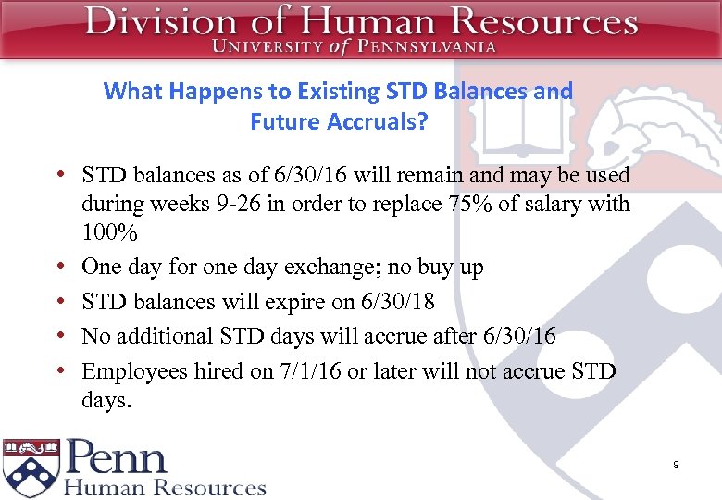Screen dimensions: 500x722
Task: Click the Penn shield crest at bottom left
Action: [x=31, y=467]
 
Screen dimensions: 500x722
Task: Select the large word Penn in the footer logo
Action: [x=117, y=458]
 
